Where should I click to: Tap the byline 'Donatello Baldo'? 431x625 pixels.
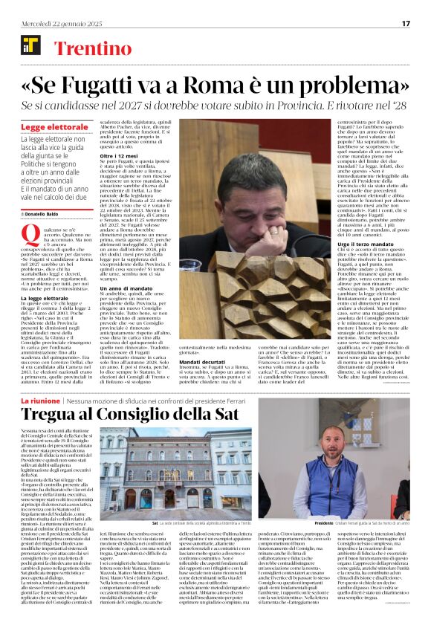(42, 213)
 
